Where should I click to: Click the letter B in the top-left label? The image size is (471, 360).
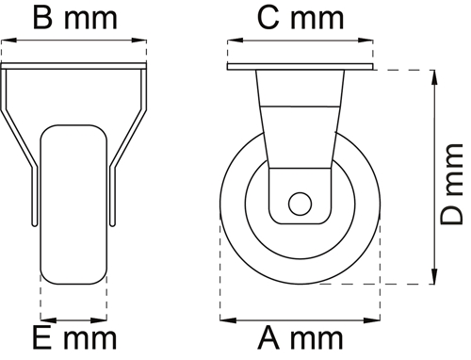click(x=42, y=18)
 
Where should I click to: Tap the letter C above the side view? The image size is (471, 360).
click(x=268, y=18)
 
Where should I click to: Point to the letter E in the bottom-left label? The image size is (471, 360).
click(x=41, y=338)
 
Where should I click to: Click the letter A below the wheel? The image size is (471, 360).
click(x=268, y=338)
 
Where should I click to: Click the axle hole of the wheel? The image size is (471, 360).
click(x=300, y=204)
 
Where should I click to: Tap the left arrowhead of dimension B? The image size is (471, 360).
click(x=8, y=41)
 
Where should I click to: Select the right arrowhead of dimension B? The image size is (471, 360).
click(x=139, y=41)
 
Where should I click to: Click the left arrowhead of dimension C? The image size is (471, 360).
click(x=235, y=41)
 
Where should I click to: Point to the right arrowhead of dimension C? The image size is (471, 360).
click(x=365, y=41)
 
